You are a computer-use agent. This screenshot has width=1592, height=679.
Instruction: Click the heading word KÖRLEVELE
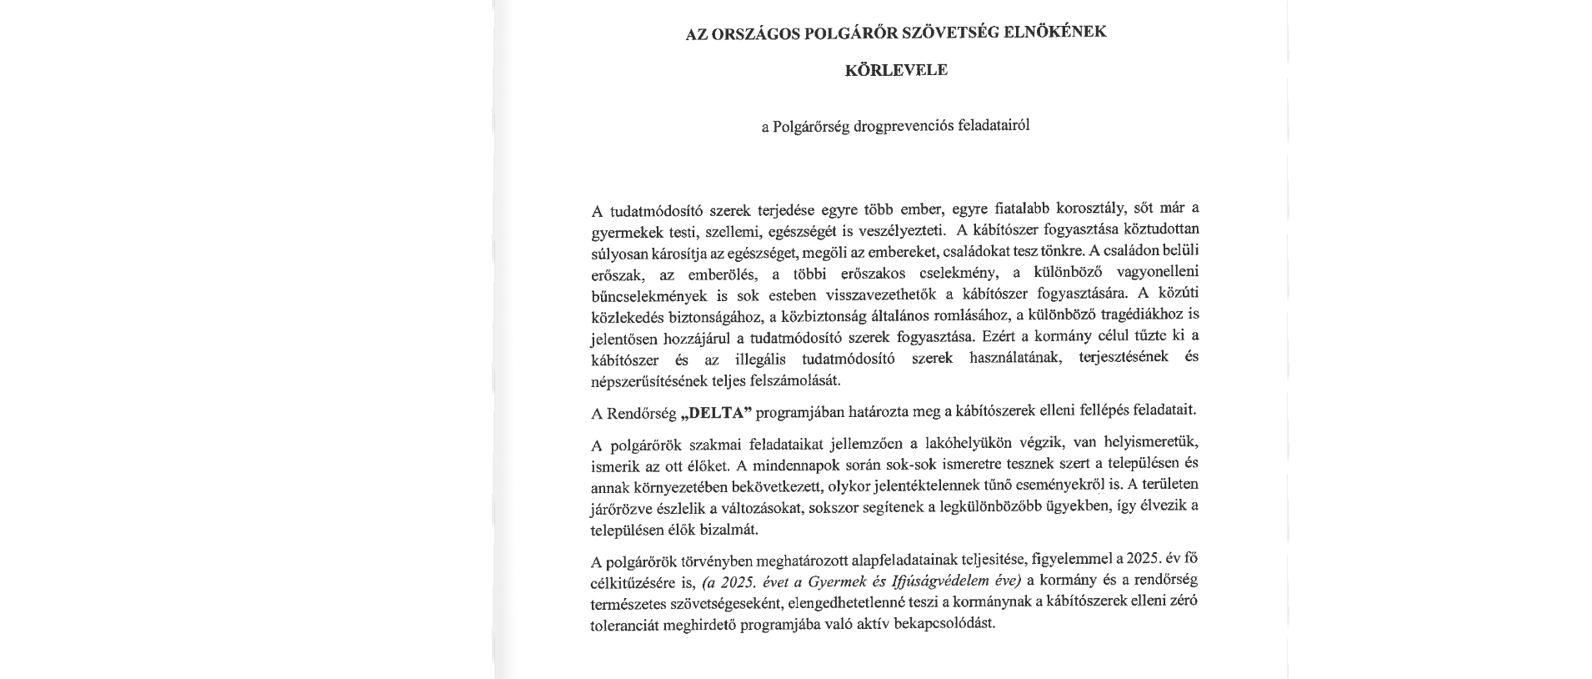coord(896,70)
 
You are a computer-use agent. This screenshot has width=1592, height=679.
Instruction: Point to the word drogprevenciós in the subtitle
coord(896,127)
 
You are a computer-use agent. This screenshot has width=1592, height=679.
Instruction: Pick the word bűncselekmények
coord(650,295)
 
